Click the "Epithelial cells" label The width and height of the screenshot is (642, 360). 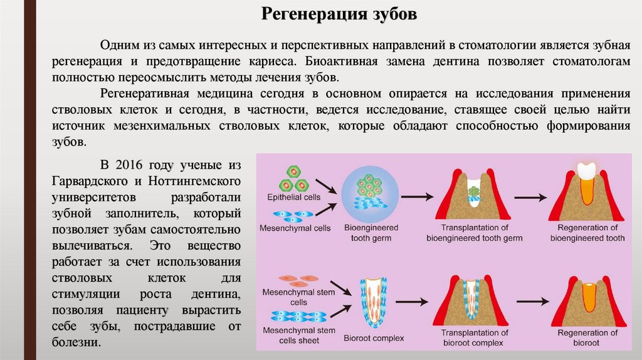[293, 197]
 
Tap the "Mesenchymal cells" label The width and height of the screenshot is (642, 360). [295, 228]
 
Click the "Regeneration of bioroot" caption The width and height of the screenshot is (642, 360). [587, 337]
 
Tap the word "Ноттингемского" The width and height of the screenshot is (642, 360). [196, 181]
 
